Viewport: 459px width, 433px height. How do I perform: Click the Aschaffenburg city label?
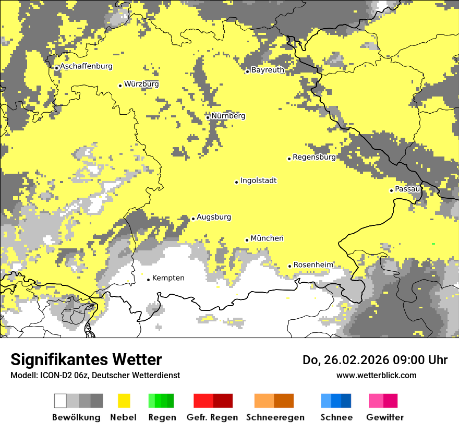[x=86, y=66]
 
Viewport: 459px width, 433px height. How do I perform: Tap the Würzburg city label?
[x=141, y=84]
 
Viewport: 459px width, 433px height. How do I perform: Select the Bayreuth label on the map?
[x=268, y=70]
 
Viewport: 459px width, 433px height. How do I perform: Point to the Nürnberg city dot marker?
[x=208, y=117]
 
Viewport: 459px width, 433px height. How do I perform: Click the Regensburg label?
[x=314, y=157]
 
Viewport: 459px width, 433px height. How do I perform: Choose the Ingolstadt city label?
[x=258, y=181]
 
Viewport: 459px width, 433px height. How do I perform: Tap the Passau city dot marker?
[x=391, y=190]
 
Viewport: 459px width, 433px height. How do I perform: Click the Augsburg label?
[x=213, y=217]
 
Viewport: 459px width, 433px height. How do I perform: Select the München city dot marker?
[x=247, y=240]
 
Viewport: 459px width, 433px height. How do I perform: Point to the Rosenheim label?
[x=313, y=265]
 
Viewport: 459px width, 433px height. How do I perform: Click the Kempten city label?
[x=168, y=278]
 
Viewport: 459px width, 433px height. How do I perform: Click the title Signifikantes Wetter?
[x=86, y=360]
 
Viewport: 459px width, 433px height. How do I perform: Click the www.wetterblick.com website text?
[x=376, y=375]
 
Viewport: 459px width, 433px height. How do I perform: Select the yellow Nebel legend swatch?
[x=124, y=401]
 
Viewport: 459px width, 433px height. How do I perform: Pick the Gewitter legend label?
[x=384, y=417]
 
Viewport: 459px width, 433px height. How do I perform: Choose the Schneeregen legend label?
[x=275, y=417]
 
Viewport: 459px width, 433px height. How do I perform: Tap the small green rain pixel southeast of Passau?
[x=433, y=244]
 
